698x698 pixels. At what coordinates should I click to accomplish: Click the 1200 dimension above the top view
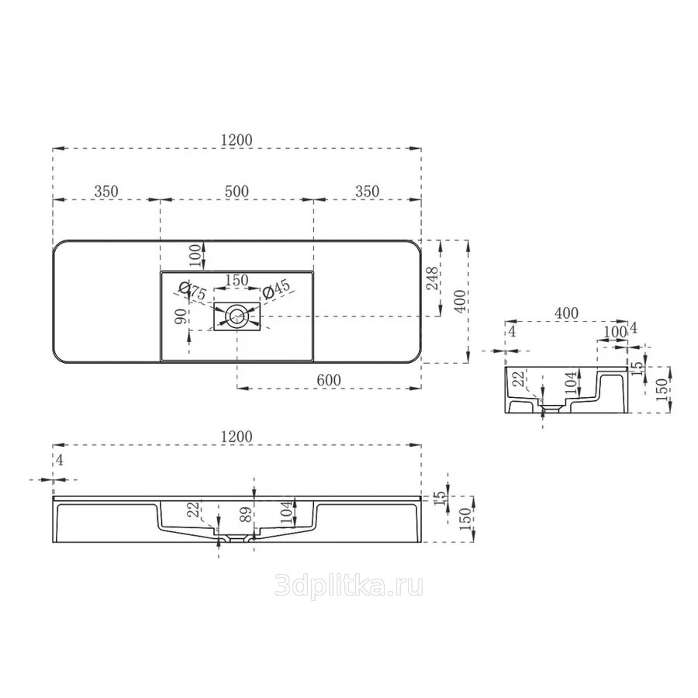[237, 140]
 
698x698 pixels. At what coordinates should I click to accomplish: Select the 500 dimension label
[237, 192]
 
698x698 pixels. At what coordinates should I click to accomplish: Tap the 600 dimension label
[329, 380]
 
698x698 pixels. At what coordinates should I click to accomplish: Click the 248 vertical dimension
[433, 278]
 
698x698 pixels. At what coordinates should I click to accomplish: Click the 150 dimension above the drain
[237, 280]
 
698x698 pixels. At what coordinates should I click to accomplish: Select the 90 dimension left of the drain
[181, 316]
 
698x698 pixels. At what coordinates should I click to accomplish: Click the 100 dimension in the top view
[195, 254]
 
